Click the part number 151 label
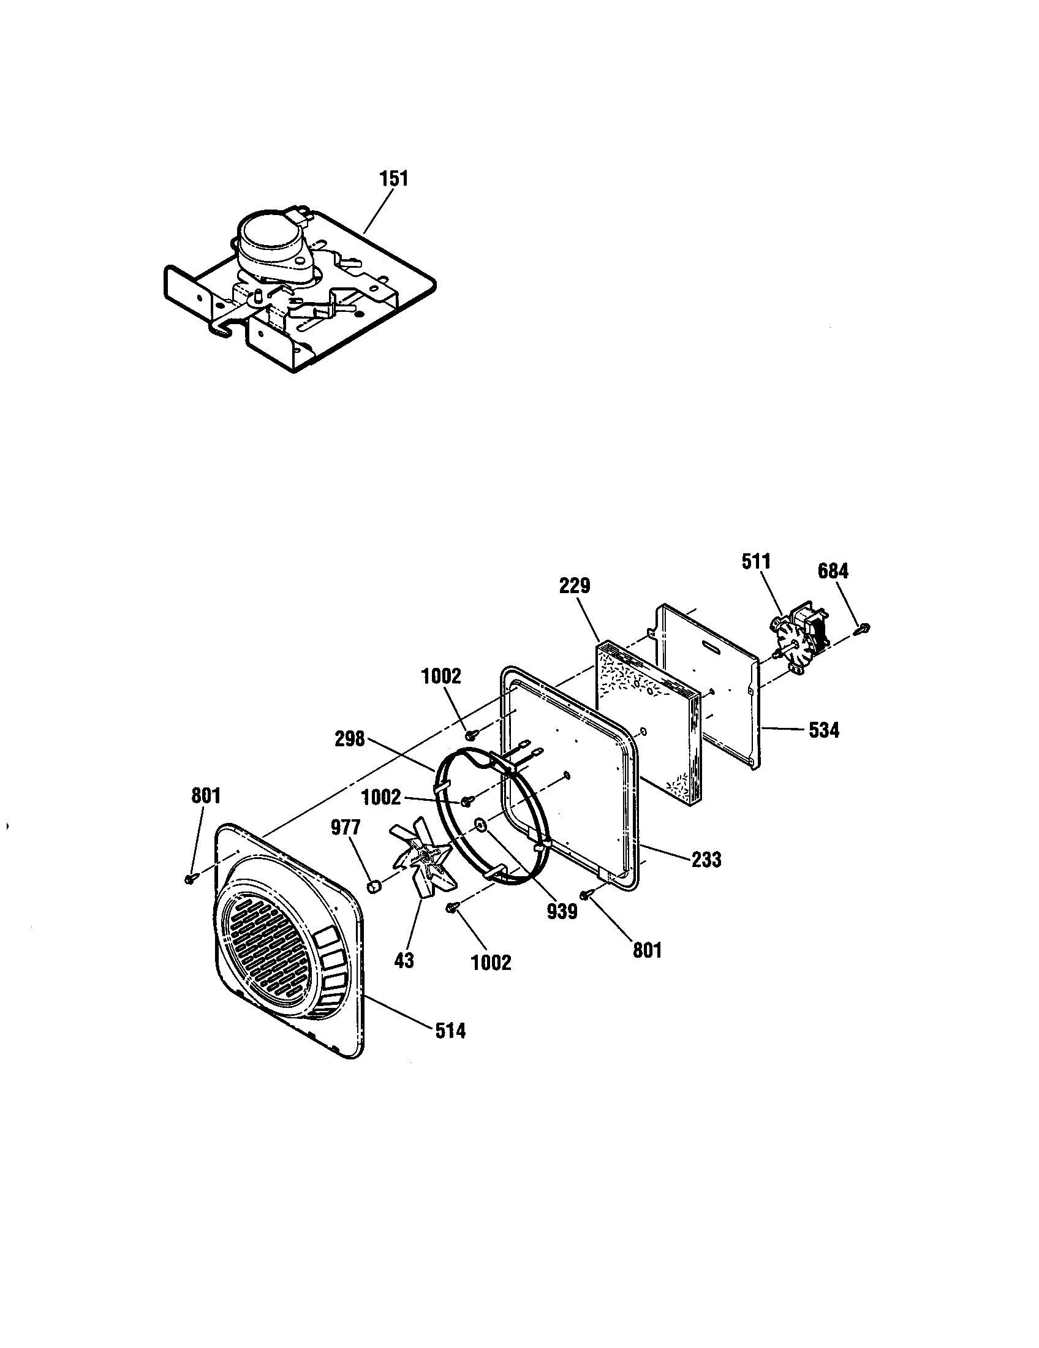pyautogui.click(x=393, y=179)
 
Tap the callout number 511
pyautogui.click(x=756, y=562)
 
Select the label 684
pyautogui.click(x=833, y=572)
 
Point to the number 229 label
pyautogui.click(x=575, y=585)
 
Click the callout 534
pyautogui.click(x=824, y=731)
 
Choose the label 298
pyautogui.click(x=350, y=739)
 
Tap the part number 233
pyautogui.click(x=706, y=859)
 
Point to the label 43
pyautogui.click(x=404, y=960)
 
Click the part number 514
pyautogui.click(x=450, y=1030)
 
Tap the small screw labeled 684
pyautogui.click(x=863, y=629)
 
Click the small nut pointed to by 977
pyautogui.click(x=372, y=887)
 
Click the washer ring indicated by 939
pyautogui.click(x=481, y=825)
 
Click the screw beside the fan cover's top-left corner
pyautogui.click(x=190, y=877)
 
